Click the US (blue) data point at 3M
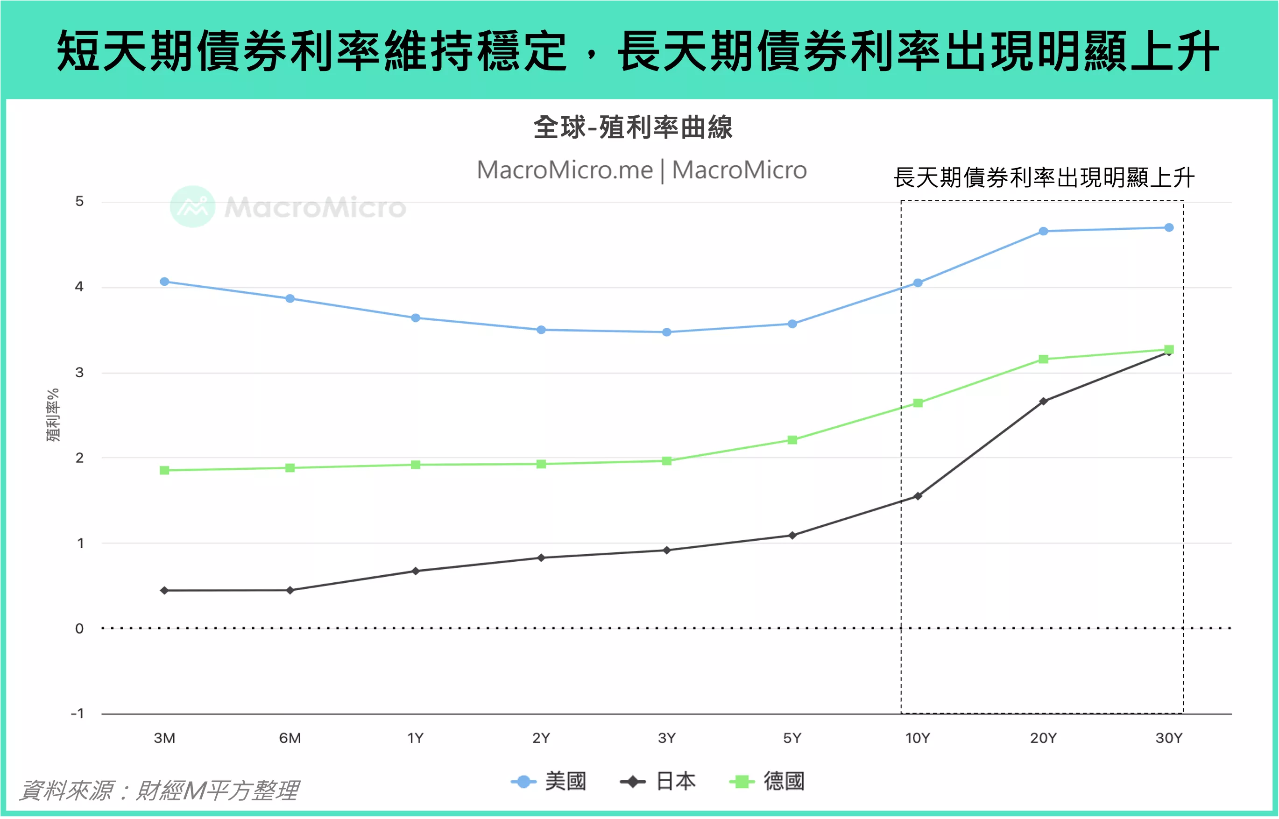[164, 282]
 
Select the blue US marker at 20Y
[1043, 231]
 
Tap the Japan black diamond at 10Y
[918, 496]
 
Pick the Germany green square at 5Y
[792, 440]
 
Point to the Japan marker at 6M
[290, 590]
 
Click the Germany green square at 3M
[164, 470]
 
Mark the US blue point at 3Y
[667, 332]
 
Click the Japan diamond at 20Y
[1043, 401]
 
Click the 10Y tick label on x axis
[918, 738]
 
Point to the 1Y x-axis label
[415, 738]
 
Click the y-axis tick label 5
[79, 201]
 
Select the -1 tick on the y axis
[78, 713]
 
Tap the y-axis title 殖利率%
[53, 415]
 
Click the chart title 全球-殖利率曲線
[633, 127]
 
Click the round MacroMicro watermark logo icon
[192, 206]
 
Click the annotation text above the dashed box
[1043, 177]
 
